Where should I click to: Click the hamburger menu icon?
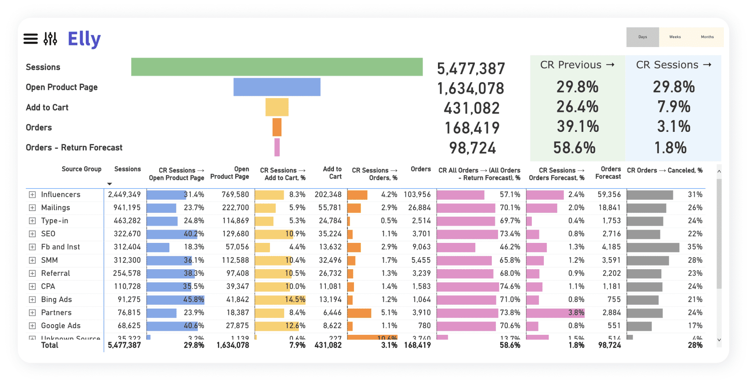click(x=31, y=39)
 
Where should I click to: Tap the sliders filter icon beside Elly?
click(x=50, y=39)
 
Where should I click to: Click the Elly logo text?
click(x=84, y=39)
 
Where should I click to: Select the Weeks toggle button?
click(x=675, y=37)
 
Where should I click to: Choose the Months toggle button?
click(x=707, y=37)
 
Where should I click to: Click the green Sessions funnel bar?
click(x=277, y=67)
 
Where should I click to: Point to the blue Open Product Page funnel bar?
click(x=277, y=87)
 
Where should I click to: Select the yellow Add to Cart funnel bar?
click(x=277, y=107)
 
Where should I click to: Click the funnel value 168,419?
click(x=472, y=128)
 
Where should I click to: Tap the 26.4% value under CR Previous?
click(x=577, y=107)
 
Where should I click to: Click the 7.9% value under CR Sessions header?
click(x=674, y=107)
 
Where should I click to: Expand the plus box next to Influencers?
click(x=32, y=194)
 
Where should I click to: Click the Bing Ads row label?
click(x=56, y=300)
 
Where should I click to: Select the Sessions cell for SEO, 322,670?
click(x=124, y=234)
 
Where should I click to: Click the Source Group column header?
click(x=81, y=169)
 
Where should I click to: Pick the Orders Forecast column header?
click(x=608, y=173)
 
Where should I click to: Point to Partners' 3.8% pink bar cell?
click(x=555, y=313)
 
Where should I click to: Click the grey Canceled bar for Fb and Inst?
click(x=653, y=247)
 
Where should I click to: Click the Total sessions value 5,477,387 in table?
click(x=124, y=345)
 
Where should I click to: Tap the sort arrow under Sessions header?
click(x=109, y=184)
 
